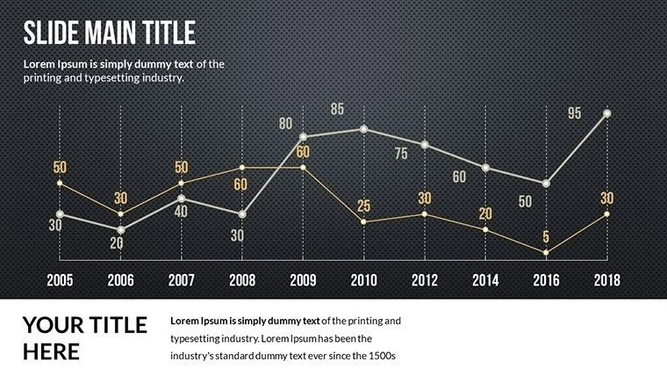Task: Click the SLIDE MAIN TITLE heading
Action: click(x=109, y=33)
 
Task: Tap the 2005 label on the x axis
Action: click(x=60, y=280)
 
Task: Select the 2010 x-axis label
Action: click(x=363, y=280)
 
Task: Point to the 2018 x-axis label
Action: click(x=606, y=280)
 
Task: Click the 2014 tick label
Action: click(x=484, y=280)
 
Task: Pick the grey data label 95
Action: click(x=575, y=113)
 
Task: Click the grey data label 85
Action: click(x=338, y=110)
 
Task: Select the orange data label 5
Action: click(x=546, y=236)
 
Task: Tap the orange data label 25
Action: click(x=364, y=206)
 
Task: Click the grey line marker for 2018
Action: click(x=606, y=113)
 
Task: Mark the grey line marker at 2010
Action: click(x=363, y=129)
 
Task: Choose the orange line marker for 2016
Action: click(x=546, y=253)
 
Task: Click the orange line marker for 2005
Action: click(x=60, y=183)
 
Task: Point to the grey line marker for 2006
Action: click(x=120, y=230)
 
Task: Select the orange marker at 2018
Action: click(x=606, y=213)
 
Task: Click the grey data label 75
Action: click(x=401, y=154)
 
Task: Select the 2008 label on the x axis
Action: click(x=242, y=280)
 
